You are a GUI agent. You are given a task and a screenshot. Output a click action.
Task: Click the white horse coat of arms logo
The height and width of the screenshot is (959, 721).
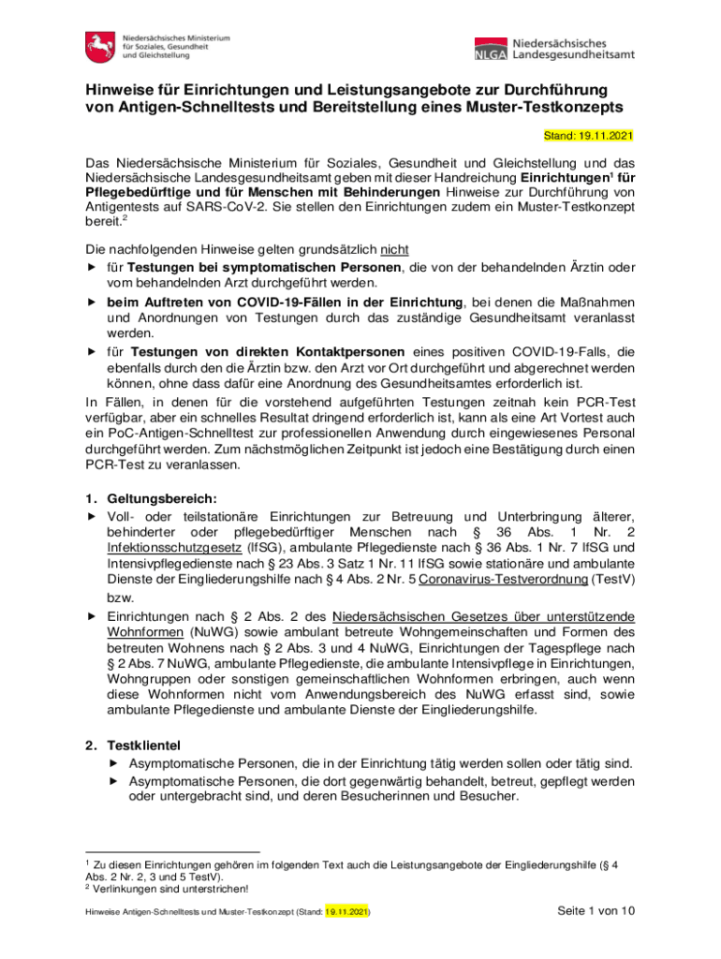98,46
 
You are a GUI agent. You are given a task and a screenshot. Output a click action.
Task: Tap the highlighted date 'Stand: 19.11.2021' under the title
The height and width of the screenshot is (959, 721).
588,136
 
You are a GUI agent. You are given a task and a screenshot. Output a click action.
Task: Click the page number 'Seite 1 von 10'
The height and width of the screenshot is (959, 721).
596,910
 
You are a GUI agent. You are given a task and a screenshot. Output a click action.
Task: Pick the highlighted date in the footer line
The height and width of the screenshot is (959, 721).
346,911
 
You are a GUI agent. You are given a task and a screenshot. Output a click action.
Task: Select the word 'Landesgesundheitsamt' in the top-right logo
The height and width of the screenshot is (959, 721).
573,54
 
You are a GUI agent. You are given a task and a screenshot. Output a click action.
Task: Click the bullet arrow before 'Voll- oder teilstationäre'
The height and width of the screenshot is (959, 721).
92,517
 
